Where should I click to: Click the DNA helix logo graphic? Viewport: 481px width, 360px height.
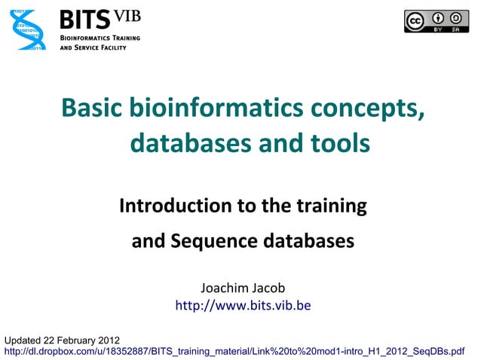(x=27, y=30)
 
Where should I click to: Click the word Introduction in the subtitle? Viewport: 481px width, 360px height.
(x=170, y=206)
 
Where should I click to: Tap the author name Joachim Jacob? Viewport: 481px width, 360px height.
(x=243, y=288)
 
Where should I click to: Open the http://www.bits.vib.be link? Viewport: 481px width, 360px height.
(x=243, y=307)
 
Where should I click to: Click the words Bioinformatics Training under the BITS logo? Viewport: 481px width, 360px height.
(x=98, y=37)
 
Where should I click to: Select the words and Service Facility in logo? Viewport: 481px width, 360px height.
(x=93, y=47)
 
